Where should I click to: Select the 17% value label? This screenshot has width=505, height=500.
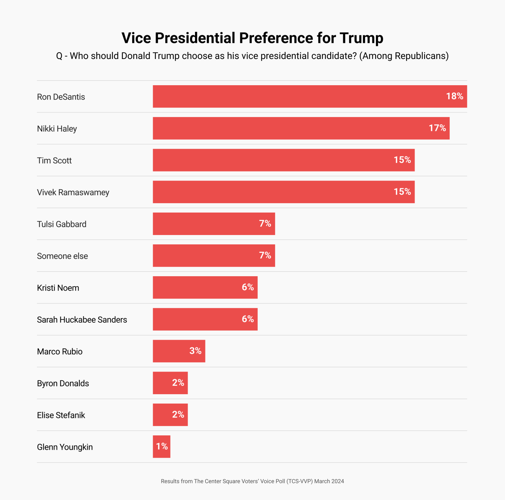click(437, 128)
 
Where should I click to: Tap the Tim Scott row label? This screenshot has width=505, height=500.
click(54, 161)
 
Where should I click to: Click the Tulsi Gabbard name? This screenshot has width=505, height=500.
click(62, 224)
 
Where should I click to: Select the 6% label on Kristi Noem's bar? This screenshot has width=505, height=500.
click(248, 287)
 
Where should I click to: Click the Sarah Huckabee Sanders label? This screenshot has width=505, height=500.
click(82, 320)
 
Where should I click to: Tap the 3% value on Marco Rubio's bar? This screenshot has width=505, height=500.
click(195, 351)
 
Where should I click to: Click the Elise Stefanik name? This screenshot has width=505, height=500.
click(61, 415)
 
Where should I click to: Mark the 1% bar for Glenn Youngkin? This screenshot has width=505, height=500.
click(161, 447)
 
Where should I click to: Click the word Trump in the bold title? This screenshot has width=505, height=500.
click(361, 38)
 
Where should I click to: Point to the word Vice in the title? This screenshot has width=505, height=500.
click(136, 38)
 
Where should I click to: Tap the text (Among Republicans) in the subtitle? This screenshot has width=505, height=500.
click(404, 56)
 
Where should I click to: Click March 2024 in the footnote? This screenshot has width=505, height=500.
click(329, 481)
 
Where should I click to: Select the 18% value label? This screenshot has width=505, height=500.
click(454, 96)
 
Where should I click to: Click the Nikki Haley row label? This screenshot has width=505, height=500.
click(57, 129)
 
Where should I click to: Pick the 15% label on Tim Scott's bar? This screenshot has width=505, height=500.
click(402, 160)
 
